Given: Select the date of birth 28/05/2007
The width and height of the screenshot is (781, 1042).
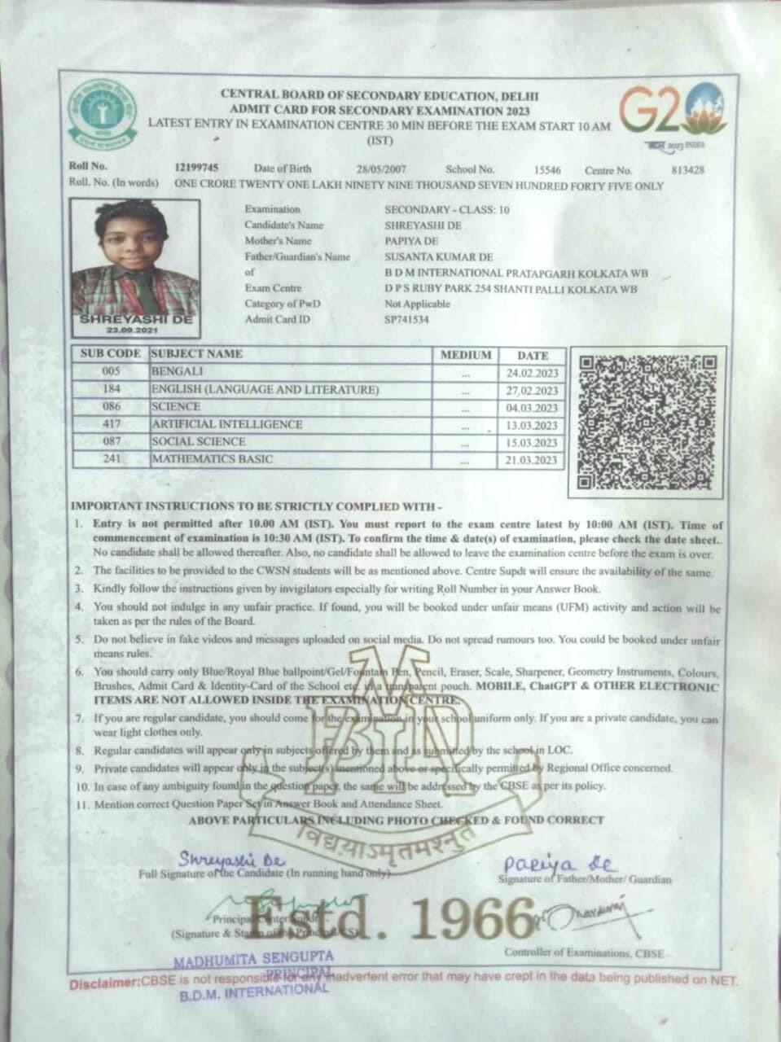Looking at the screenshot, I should pos(381,169).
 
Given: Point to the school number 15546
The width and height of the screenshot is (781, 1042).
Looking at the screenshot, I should pos(547,170).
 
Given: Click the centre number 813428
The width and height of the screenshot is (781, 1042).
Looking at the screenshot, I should pos(688,170).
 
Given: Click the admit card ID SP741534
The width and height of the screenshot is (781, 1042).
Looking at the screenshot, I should pos(406,320).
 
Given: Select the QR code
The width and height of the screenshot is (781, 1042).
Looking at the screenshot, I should pos(647,422).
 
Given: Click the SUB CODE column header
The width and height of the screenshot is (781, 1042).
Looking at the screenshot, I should pos(111,354).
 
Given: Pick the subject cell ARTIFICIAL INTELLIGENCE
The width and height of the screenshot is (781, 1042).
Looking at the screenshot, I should pos(226,424).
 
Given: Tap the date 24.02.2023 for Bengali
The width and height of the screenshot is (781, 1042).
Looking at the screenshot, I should pos(532,373).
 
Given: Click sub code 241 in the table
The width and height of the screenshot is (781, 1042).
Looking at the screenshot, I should pos(112,459).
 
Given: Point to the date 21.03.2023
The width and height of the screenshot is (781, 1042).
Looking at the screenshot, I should pos(532,460).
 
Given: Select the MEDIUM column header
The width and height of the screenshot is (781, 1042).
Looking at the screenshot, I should pos(466,355).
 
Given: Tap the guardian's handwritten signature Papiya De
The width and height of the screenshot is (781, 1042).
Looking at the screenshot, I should pos(560,865).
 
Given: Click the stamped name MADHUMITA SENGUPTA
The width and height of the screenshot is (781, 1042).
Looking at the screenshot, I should pos(253,958).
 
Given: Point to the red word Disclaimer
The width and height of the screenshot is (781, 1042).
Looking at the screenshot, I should pos(104,984).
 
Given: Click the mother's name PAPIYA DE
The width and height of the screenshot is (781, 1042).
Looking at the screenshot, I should pos(411,241).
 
